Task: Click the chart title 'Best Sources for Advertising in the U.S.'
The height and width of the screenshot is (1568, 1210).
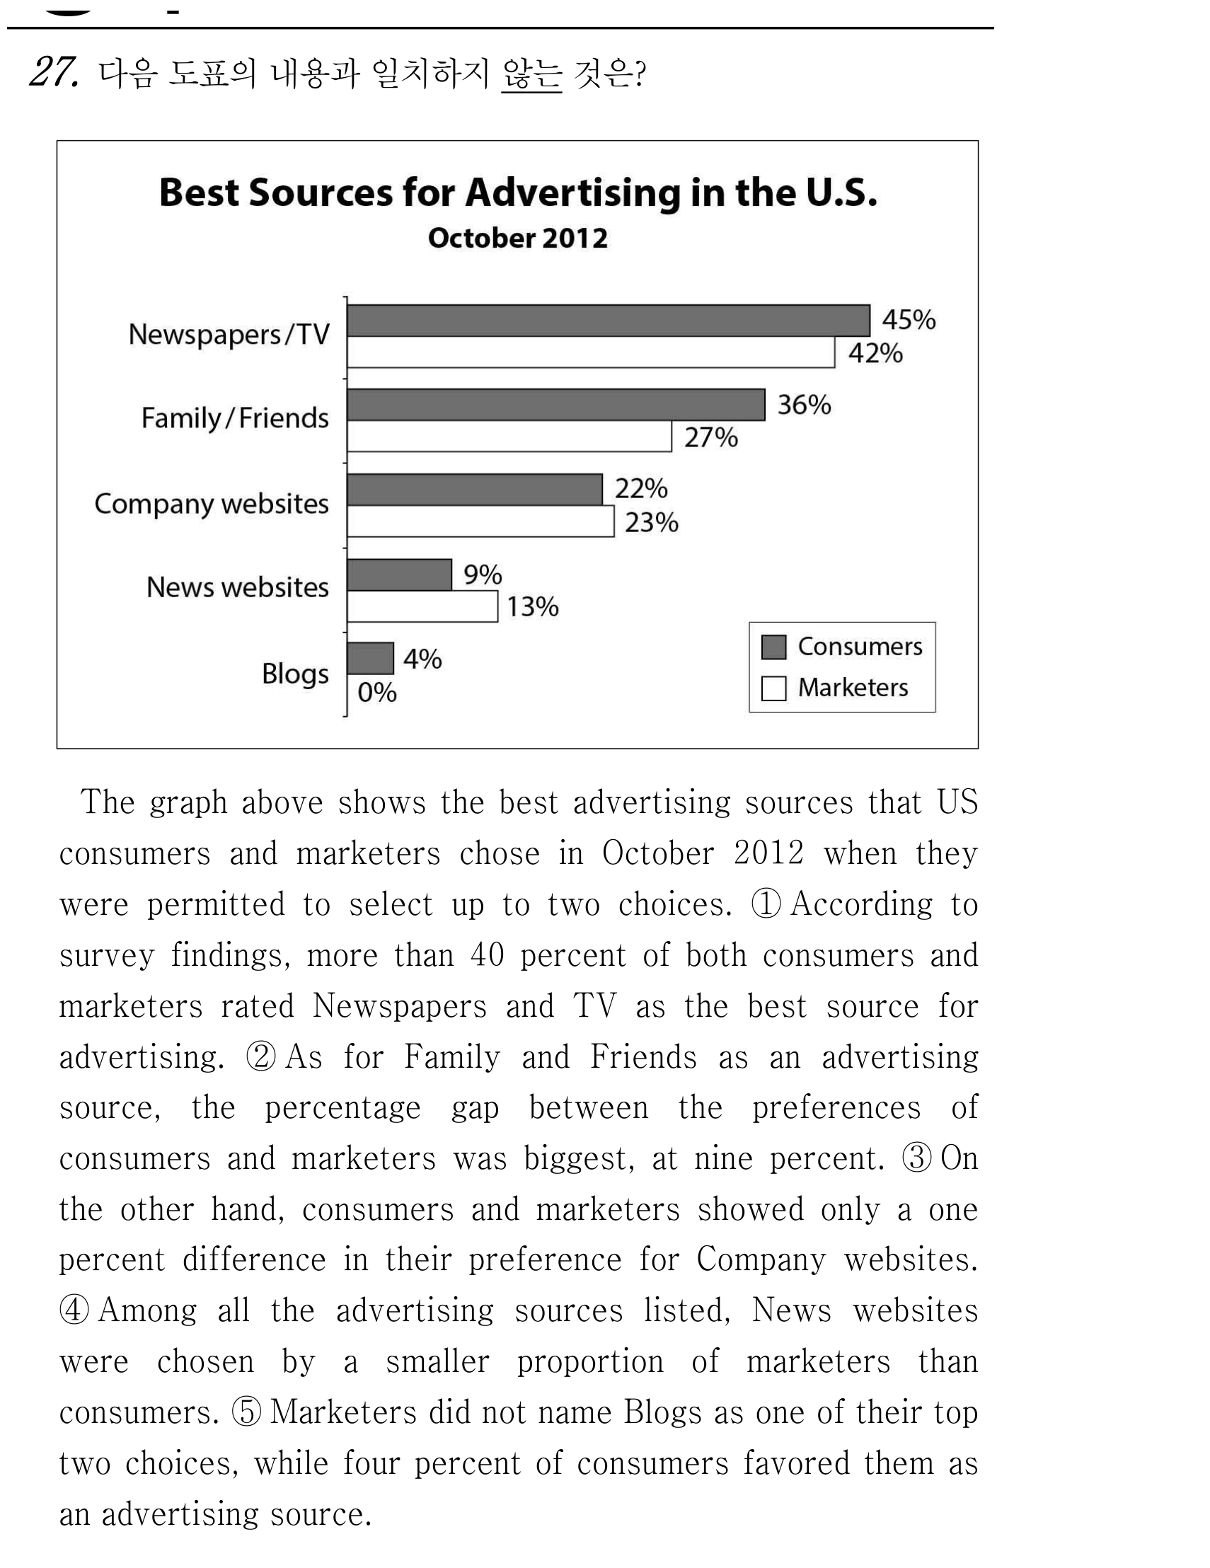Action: (x=518, y=192)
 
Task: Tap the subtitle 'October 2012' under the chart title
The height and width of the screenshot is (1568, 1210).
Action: (x=518, y=238)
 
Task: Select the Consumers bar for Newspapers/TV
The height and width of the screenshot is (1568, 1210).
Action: (x=609, y=321)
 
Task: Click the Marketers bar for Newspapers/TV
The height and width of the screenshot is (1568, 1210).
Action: (x=590, y=352)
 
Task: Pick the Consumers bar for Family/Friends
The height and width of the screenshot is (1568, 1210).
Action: (x=555, y=405)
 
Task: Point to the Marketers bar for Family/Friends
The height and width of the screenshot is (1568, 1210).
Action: (x=509, y=436)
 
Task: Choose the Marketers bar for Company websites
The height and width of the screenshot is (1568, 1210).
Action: (x=480, y=521)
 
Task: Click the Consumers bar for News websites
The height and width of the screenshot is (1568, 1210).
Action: (x=399, y=575)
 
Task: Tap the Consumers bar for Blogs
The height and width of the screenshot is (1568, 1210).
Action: (x=370, y=658)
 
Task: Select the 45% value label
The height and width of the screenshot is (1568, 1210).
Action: (x=909, y=320)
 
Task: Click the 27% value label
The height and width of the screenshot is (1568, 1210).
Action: (x=711, y=437)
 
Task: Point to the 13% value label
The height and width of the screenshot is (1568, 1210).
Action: (x=533, y=606)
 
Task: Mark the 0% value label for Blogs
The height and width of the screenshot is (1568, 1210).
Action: (x=377, y=692)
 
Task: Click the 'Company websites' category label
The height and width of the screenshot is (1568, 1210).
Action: (x=212, y=504)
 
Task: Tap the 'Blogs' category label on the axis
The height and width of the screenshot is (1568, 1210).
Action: (x=295, y=674)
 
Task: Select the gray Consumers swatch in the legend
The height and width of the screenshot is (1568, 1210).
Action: (x=773, y=647)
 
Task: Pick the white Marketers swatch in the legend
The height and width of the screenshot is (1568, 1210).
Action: (x=773, y=688)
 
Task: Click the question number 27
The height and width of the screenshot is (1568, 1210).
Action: (x=53, y=72)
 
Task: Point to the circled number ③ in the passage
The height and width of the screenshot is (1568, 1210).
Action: (x=917, y=1158)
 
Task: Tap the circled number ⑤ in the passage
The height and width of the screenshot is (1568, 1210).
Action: (x=247, y=1412)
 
